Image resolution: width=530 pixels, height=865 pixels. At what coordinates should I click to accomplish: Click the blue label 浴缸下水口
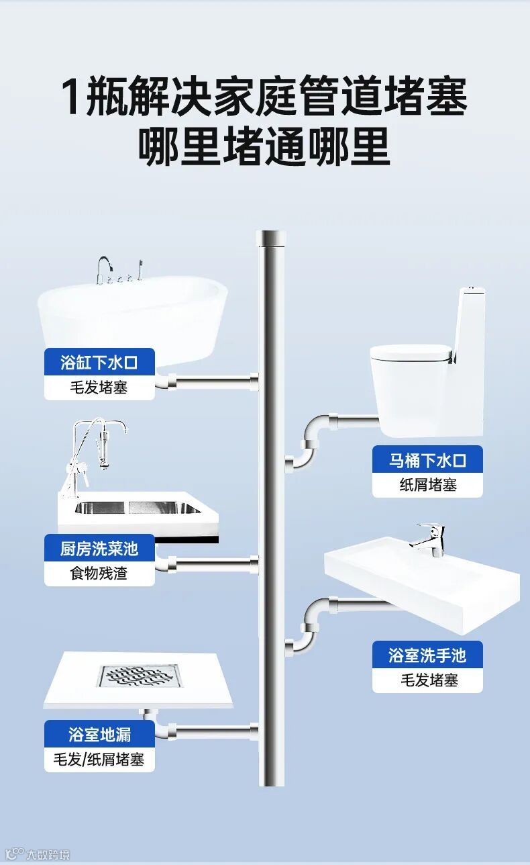click(99, 363)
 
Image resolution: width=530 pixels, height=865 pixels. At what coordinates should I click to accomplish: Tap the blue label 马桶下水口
click(427, 460)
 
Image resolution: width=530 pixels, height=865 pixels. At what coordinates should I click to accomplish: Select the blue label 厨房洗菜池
click(99, 549)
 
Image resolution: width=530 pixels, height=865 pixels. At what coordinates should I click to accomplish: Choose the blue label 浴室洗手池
click(427, 655)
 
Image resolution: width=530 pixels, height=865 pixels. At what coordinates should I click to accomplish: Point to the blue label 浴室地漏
click(99, 734)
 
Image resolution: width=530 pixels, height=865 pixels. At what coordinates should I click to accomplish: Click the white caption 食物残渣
click(99, 574)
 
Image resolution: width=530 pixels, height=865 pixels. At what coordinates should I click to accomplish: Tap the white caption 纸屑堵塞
click(427, 485)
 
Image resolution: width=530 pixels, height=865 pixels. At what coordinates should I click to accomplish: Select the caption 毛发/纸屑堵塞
click(99, 760)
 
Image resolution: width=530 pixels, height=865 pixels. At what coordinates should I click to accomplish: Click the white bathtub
click(134, 316)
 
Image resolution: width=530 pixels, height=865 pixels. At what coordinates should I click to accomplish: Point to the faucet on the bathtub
click(103, 269)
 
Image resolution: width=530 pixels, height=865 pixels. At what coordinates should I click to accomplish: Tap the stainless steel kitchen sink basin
click(137, 508)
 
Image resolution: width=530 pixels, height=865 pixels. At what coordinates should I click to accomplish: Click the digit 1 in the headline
click(73, 97)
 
